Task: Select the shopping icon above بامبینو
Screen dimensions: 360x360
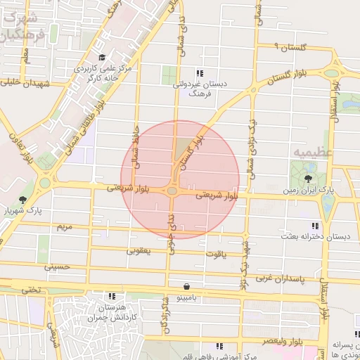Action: (x=186, y=286)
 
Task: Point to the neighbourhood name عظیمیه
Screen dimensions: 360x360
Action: (x=310, y=151)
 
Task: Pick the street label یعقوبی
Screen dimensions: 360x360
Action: (x=139, y=250)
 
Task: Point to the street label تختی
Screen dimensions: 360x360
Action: (x=31, y=288)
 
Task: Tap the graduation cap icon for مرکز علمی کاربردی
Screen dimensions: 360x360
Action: (x=103, y=58)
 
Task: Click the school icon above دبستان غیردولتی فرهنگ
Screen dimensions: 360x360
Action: (x=200, y=72)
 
